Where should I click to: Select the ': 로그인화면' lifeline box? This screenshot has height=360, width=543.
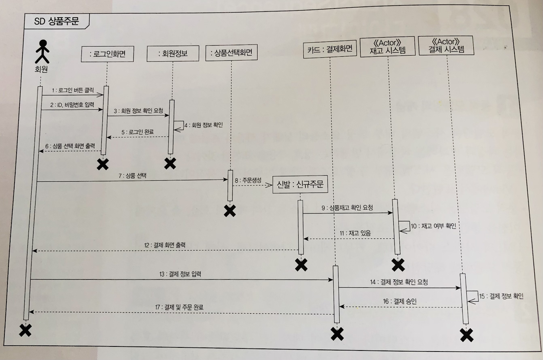[x=107, y=54]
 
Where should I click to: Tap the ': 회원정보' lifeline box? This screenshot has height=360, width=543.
[x=173, y=53]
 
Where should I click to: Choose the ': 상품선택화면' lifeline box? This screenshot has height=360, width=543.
[x=231, y=53]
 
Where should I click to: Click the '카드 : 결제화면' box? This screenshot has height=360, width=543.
[x=330, y=50]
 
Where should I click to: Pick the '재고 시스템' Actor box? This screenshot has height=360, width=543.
[x=387, y=47]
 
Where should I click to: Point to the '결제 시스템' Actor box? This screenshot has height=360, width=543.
[x=446, y=46]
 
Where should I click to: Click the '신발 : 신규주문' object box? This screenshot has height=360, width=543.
[x=300, y=185]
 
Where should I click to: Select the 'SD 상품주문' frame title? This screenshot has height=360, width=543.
[x=56, y=22]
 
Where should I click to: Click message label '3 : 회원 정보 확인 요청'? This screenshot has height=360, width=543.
[x=138, y=111]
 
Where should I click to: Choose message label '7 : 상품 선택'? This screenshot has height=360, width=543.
[x=132, y=176]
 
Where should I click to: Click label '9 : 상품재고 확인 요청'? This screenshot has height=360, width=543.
[x=347, y=208]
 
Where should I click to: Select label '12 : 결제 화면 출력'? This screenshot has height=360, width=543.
[x=165, y=245]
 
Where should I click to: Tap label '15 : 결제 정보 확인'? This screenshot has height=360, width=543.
[x=501, y=296]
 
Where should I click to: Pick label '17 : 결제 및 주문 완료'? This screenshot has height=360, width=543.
[x=179, y=307]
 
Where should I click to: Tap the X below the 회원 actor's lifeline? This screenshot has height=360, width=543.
[x=25, y=330]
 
